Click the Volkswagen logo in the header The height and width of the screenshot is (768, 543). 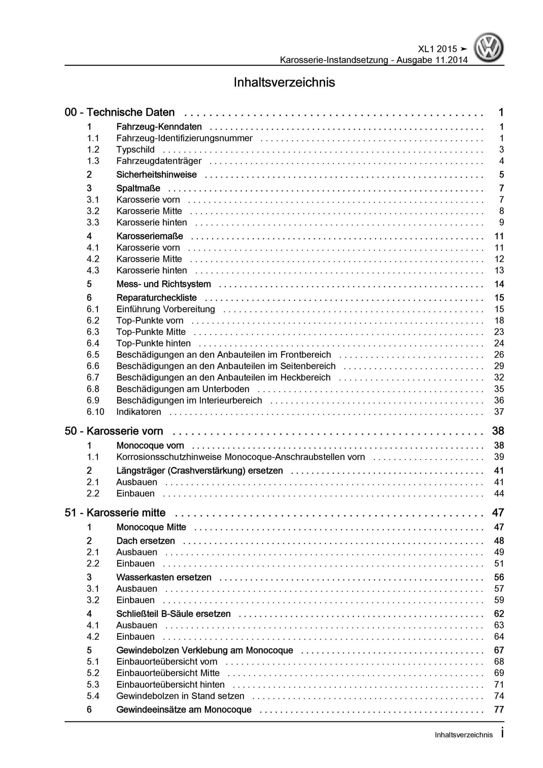(488, 47)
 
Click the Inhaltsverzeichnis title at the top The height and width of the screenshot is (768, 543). (284, 82)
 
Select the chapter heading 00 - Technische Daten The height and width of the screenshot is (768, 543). (119, 112)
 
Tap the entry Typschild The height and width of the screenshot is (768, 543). (135, 149)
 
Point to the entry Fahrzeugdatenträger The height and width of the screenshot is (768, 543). (159, 161)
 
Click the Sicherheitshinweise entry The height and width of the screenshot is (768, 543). (156, 175)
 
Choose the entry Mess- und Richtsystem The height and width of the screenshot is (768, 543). (163, 284)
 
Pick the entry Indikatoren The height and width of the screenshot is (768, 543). (139, 412)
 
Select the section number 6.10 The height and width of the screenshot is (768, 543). (95, 412)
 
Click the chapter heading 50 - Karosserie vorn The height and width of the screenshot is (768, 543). (114, 431)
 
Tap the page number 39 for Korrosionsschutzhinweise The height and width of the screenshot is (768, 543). (499, 457)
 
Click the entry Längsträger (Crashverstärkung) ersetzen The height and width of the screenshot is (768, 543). (200, 471)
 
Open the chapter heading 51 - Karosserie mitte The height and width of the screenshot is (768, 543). (115, 513)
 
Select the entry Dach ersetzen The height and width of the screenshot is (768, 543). (146, 541)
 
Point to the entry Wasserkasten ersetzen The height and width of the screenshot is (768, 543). (164, 577)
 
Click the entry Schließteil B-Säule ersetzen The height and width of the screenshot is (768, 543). (173, 614)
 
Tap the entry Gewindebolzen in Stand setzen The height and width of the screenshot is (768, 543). (180, 696)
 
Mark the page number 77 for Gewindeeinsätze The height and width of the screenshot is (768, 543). (499, 709)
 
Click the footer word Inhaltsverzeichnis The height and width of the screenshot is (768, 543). (464, 735)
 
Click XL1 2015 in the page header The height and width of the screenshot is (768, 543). (437, 49)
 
